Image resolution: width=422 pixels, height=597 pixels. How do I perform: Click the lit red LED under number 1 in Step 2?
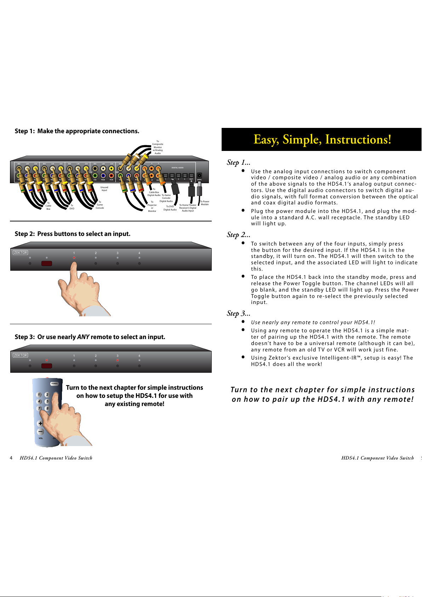pos(74,258)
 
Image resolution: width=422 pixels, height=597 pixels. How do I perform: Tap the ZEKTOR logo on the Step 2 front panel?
pos(20,253)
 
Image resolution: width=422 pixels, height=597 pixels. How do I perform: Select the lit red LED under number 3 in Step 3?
pos(118,360)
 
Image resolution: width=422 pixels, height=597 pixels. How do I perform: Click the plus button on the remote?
pos(40,423)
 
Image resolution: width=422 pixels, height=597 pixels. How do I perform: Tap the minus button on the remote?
pos(40,432)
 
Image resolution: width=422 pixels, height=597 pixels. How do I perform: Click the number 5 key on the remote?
pos(47,401)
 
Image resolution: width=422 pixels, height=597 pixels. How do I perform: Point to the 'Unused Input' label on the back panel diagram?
pos(104,189)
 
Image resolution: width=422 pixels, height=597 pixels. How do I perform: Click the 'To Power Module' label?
pos(205,203)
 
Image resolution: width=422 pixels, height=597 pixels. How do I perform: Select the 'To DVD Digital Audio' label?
pos(170,208)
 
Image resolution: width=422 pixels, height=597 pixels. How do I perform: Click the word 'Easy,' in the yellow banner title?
pos(266,140)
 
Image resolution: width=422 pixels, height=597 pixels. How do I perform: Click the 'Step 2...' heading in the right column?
pos(238,235)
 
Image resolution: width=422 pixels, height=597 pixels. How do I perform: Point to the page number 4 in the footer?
pos(11,458)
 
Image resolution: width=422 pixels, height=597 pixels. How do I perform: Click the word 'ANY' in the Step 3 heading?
pos(83,337)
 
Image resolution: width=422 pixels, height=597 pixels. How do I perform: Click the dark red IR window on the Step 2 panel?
pos(47,264)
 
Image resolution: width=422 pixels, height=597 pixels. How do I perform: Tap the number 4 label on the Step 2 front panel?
pos(139,253)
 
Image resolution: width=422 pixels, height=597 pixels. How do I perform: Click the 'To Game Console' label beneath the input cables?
pos(100,205)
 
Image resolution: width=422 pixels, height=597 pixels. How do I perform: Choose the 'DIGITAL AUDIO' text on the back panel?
pos(177,168)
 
